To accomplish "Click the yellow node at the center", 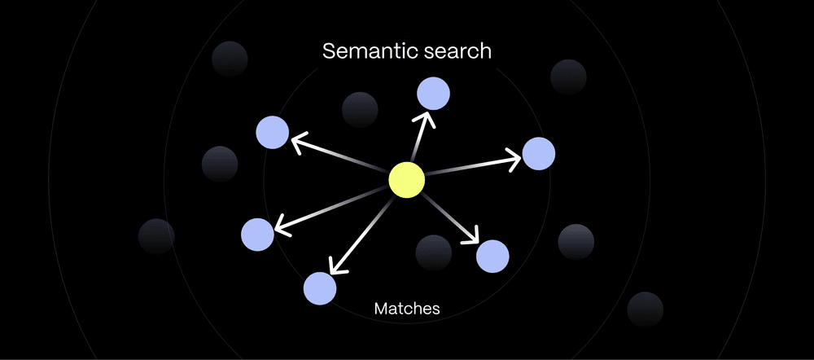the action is tap(406, 180).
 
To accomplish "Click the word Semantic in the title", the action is tap(369, 51).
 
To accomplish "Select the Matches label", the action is tap(407, 309).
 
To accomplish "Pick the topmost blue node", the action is tap(434, 94).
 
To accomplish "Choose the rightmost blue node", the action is tap(538, 153).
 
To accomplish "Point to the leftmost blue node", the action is tap(257, 235).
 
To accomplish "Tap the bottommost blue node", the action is tap(320, 288).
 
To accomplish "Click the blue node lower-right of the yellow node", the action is tap(492, 256).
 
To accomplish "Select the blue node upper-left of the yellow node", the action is tap(273, 133).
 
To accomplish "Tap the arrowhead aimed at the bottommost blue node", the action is tap(336, 267).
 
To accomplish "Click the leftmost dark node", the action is tap(157, 236).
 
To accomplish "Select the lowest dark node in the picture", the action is tap(646, 310).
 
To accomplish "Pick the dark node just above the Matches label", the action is tap(434, 252).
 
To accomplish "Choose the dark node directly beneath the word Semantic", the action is tap(360, 110).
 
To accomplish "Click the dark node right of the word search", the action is tap(568, 77).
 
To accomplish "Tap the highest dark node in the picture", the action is tap(230, 59).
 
